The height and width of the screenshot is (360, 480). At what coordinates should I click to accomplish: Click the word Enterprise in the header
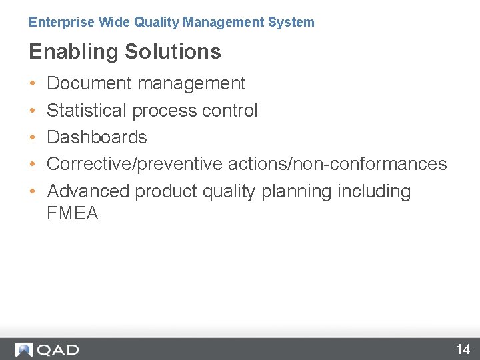61,22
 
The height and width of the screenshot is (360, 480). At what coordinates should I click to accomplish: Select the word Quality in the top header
157,22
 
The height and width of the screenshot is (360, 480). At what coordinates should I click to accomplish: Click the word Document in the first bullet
89,83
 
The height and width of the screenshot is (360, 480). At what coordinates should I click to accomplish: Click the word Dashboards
97,137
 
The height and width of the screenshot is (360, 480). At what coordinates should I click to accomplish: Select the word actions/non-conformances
337,164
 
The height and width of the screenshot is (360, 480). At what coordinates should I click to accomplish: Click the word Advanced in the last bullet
89,191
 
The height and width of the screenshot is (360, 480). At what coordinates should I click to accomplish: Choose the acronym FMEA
73,213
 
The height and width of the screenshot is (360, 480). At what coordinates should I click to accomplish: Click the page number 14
463,349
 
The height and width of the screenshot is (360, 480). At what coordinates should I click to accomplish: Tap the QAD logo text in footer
58,349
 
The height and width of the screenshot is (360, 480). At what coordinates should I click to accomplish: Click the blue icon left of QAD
24,349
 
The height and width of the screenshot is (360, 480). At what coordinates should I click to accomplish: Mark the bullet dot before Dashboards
33,137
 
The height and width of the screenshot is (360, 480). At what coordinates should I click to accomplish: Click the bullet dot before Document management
33,84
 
